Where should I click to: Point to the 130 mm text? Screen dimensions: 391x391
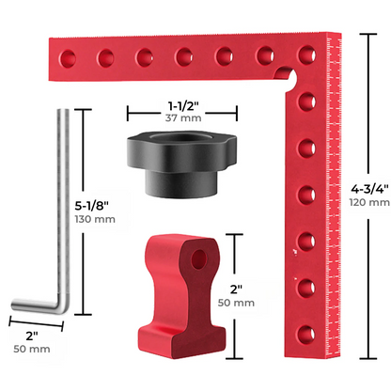(x=94, y=219)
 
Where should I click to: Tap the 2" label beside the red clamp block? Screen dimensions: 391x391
(x=236, y=289)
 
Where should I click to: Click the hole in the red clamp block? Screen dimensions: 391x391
(x=198, y=256)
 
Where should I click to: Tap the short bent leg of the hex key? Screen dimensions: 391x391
(x=33, y=305)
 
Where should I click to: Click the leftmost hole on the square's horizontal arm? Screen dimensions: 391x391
(x=65, y=55)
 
